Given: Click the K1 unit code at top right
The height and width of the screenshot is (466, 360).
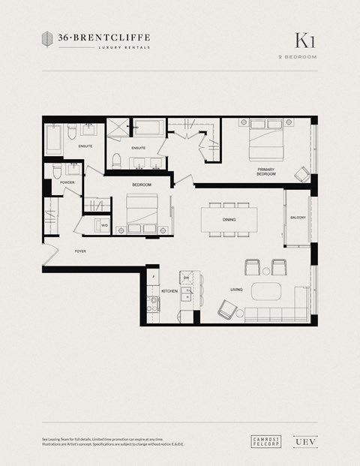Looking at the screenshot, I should coord(304,41).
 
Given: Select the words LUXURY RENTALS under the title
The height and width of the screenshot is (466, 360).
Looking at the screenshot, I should coord(124,47).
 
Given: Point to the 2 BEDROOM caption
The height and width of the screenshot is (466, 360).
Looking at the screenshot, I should coord(297,57).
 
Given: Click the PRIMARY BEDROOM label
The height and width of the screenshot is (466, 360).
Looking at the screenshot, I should coord(266,172).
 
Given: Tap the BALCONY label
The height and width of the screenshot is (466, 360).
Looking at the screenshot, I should coord(298,218).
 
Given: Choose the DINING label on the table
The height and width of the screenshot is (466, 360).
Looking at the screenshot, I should coord(229,220).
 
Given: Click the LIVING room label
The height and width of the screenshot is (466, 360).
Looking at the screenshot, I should coord(235,289).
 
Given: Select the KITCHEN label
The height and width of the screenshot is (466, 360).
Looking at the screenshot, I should coord(169,290).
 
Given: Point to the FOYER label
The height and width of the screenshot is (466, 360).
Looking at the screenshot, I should coord(81,252).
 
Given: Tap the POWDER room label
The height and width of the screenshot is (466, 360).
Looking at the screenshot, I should coord(67,182).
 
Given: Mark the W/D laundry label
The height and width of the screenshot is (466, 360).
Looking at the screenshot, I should coord(105,224).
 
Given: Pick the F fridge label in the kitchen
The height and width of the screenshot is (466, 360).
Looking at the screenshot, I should coord(153,278).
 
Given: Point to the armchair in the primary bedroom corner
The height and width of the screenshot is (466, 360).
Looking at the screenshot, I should coord(301,175).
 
